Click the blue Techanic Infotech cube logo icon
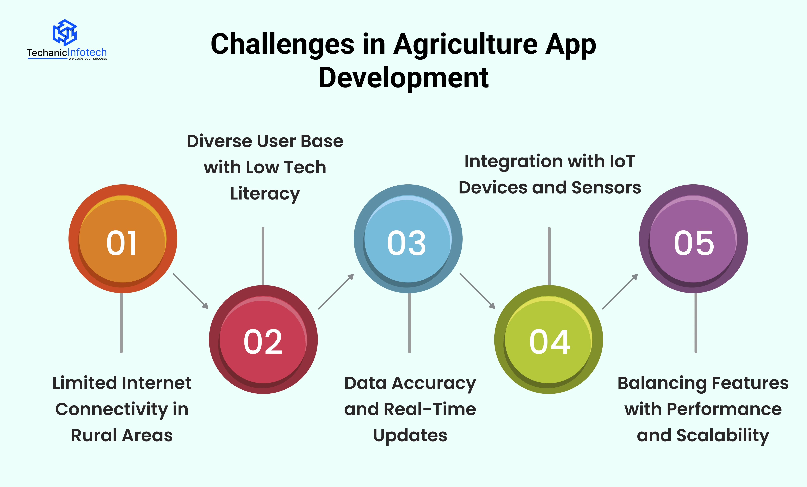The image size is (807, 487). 65,32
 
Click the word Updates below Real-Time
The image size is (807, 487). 410,436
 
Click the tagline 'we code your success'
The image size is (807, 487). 88,59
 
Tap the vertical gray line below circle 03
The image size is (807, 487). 409,323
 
